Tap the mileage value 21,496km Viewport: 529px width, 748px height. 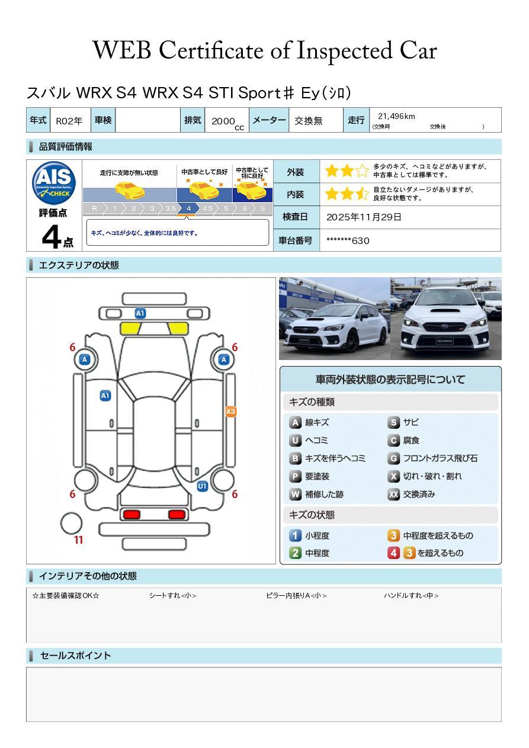[396, 116]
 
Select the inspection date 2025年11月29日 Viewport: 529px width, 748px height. [364, 217]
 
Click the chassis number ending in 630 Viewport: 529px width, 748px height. [348, 240]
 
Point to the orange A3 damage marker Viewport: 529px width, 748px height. [230, 412]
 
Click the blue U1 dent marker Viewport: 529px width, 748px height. [203, 486]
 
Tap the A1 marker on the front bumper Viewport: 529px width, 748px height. [140, 313]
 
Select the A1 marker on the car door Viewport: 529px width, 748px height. [105, 396]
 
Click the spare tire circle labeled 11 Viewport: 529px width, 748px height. [71, 524]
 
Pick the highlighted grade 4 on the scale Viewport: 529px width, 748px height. [188, 208]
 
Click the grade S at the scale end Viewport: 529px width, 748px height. [263, 208]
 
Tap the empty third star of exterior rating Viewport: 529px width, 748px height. [362, 171]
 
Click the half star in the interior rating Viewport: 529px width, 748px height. [362, 194]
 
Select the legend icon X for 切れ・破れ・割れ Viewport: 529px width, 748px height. [393, 476]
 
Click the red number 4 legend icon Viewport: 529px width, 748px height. [393, 553]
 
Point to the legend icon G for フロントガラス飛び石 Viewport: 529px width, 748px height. [393, 458]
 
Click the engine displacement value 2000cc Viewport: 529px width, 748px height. [227, 122]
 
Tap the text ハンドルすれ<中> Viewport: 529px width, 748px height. [411, 595]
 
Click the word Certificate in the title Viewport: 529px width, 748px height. [211, 50]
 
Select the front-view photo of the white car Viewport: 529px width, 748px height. [446, 319]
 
